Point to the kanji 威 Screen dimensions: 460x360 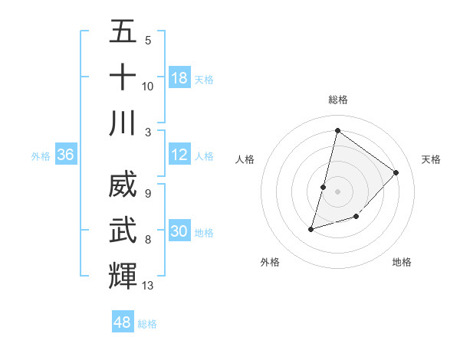(x=123, y=185)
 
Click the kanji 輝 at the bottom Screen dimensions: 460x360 (x=123, y=276)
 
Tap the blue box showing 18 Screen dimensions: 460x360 (x=179, y=77)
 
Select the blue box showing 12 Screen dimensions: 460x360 (x=179, y=155)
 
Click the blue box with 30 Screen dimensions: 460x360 (x=179, y=231)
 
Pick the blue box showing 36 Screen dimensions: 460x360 (x=66, y=155)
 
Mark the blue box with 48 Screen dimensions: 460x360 (x=123, y=322)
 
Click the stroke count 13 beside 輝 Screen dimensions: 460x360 (x=148, y=286)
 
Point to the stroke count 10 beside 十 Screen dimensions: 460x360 (x=148, y=86)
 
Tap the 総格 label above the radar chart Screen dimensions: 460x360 (x=338, y=100)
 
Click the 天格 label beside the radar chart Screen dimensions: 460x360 (x=431, y=159)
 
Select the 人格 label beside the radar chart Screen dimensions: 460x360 (x=245, y=159)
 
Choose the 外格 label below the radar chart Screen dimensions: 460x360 (x=270, y=262)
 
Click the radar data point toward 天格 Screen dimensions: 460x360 (x=396, y=172)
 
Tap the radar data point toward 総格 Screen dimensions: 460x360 (x=337, y=130)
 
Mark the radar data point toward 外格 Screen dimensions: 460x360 (x=311, y=228)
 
